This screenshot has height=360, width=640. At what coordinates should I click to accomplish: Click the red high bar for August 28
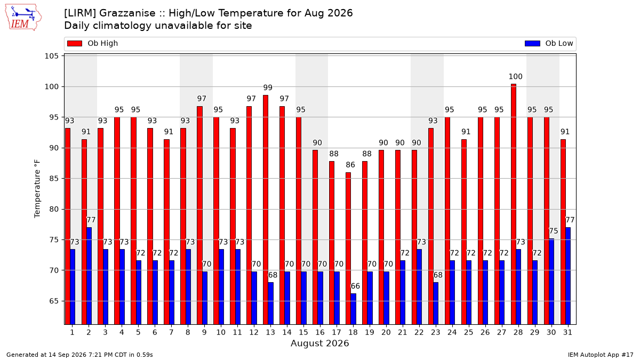514,204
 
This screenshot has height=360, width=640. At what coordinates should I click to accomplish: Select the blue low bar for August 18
353,309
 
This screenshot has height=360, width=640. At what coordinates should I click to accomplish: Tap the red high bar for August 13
266,210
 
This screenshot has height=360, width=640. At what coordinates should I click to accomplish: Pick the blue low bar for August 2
89,276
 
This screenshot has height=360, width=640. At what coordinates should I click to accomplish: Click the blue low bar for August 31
568,276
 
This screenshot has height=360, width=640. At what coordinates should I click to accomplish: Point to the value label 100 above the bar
515,77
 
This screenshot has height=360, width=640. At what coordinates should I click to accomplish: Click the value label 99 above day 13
268,87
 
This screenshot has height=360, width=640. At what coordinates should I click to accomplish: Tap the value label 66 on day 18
355,286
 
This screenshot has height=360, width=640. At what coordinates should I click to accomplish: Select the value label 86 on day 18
350,165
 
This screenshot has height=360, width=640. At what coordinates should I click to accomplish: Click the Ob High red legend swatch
75,43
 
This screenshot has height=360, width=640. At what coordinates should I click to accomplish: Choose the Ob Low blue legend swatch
532,43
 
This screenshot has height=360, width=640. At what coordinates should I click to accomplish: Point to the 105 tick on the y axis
51,56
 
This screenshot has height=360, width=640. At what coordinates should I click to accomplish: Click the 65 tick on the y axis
54,301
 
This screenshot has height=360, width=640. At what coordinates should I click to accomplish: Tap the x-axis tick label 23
435,332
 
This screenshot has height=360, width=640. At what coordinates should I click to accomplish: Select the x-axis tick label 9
204,332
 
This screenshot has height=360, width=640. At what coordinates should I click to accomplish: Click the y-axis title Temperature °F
37,189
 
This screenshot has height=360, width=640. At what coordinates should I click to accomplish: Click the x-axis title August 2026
319,343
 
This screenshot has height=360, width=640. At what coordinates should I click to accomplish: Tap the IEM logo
23,18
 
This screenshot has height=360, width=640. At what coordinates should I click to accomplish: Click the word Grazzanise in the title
127,13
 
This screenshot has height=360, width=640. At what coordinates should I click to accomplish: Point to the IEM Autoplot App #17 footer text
601,355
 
